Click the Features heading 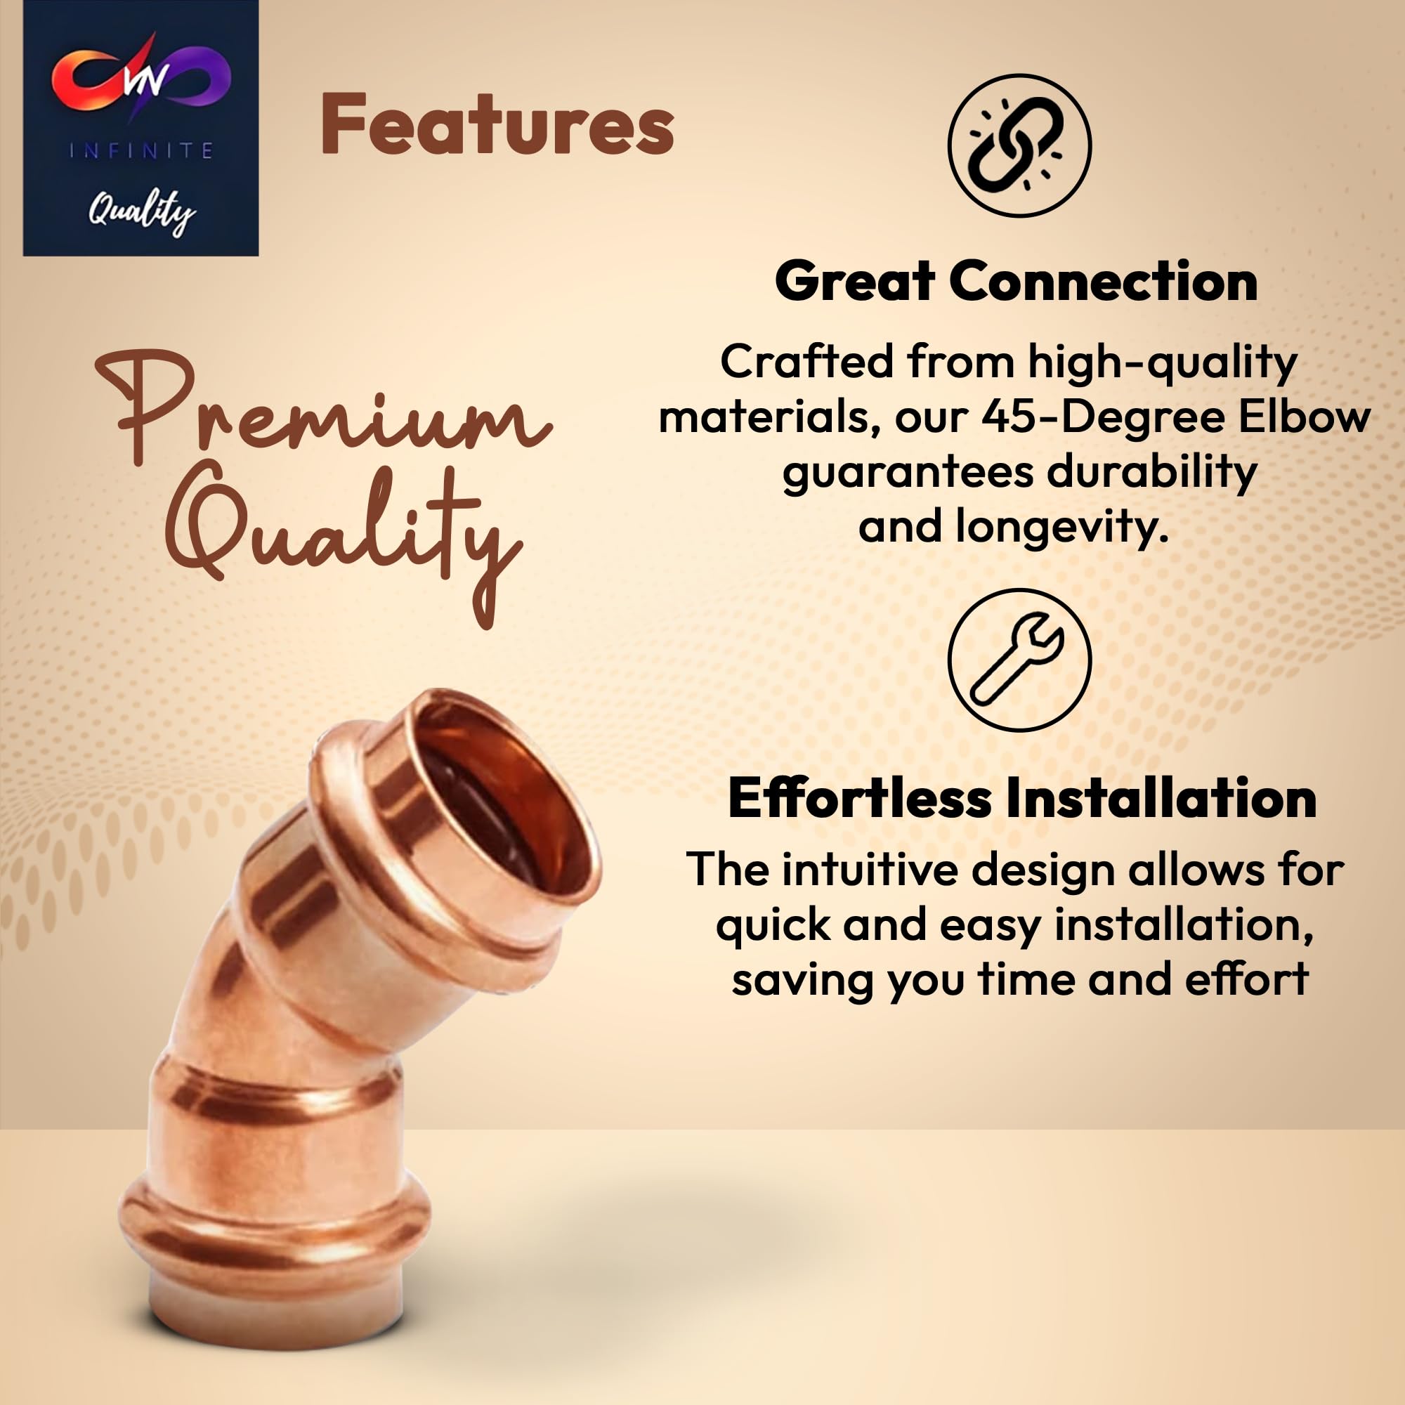pos(497,125)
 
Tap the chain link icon pos(1019,145)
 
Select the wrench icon pos(1019,660)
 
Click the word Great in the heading pos(854,282)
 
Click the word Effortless pos(860,798)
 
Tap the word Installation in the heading pos(1161,798)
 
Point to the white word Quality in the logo pos(142,213)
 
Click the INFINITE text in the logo pos(141,150)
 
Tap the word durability pos(1152,473)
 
